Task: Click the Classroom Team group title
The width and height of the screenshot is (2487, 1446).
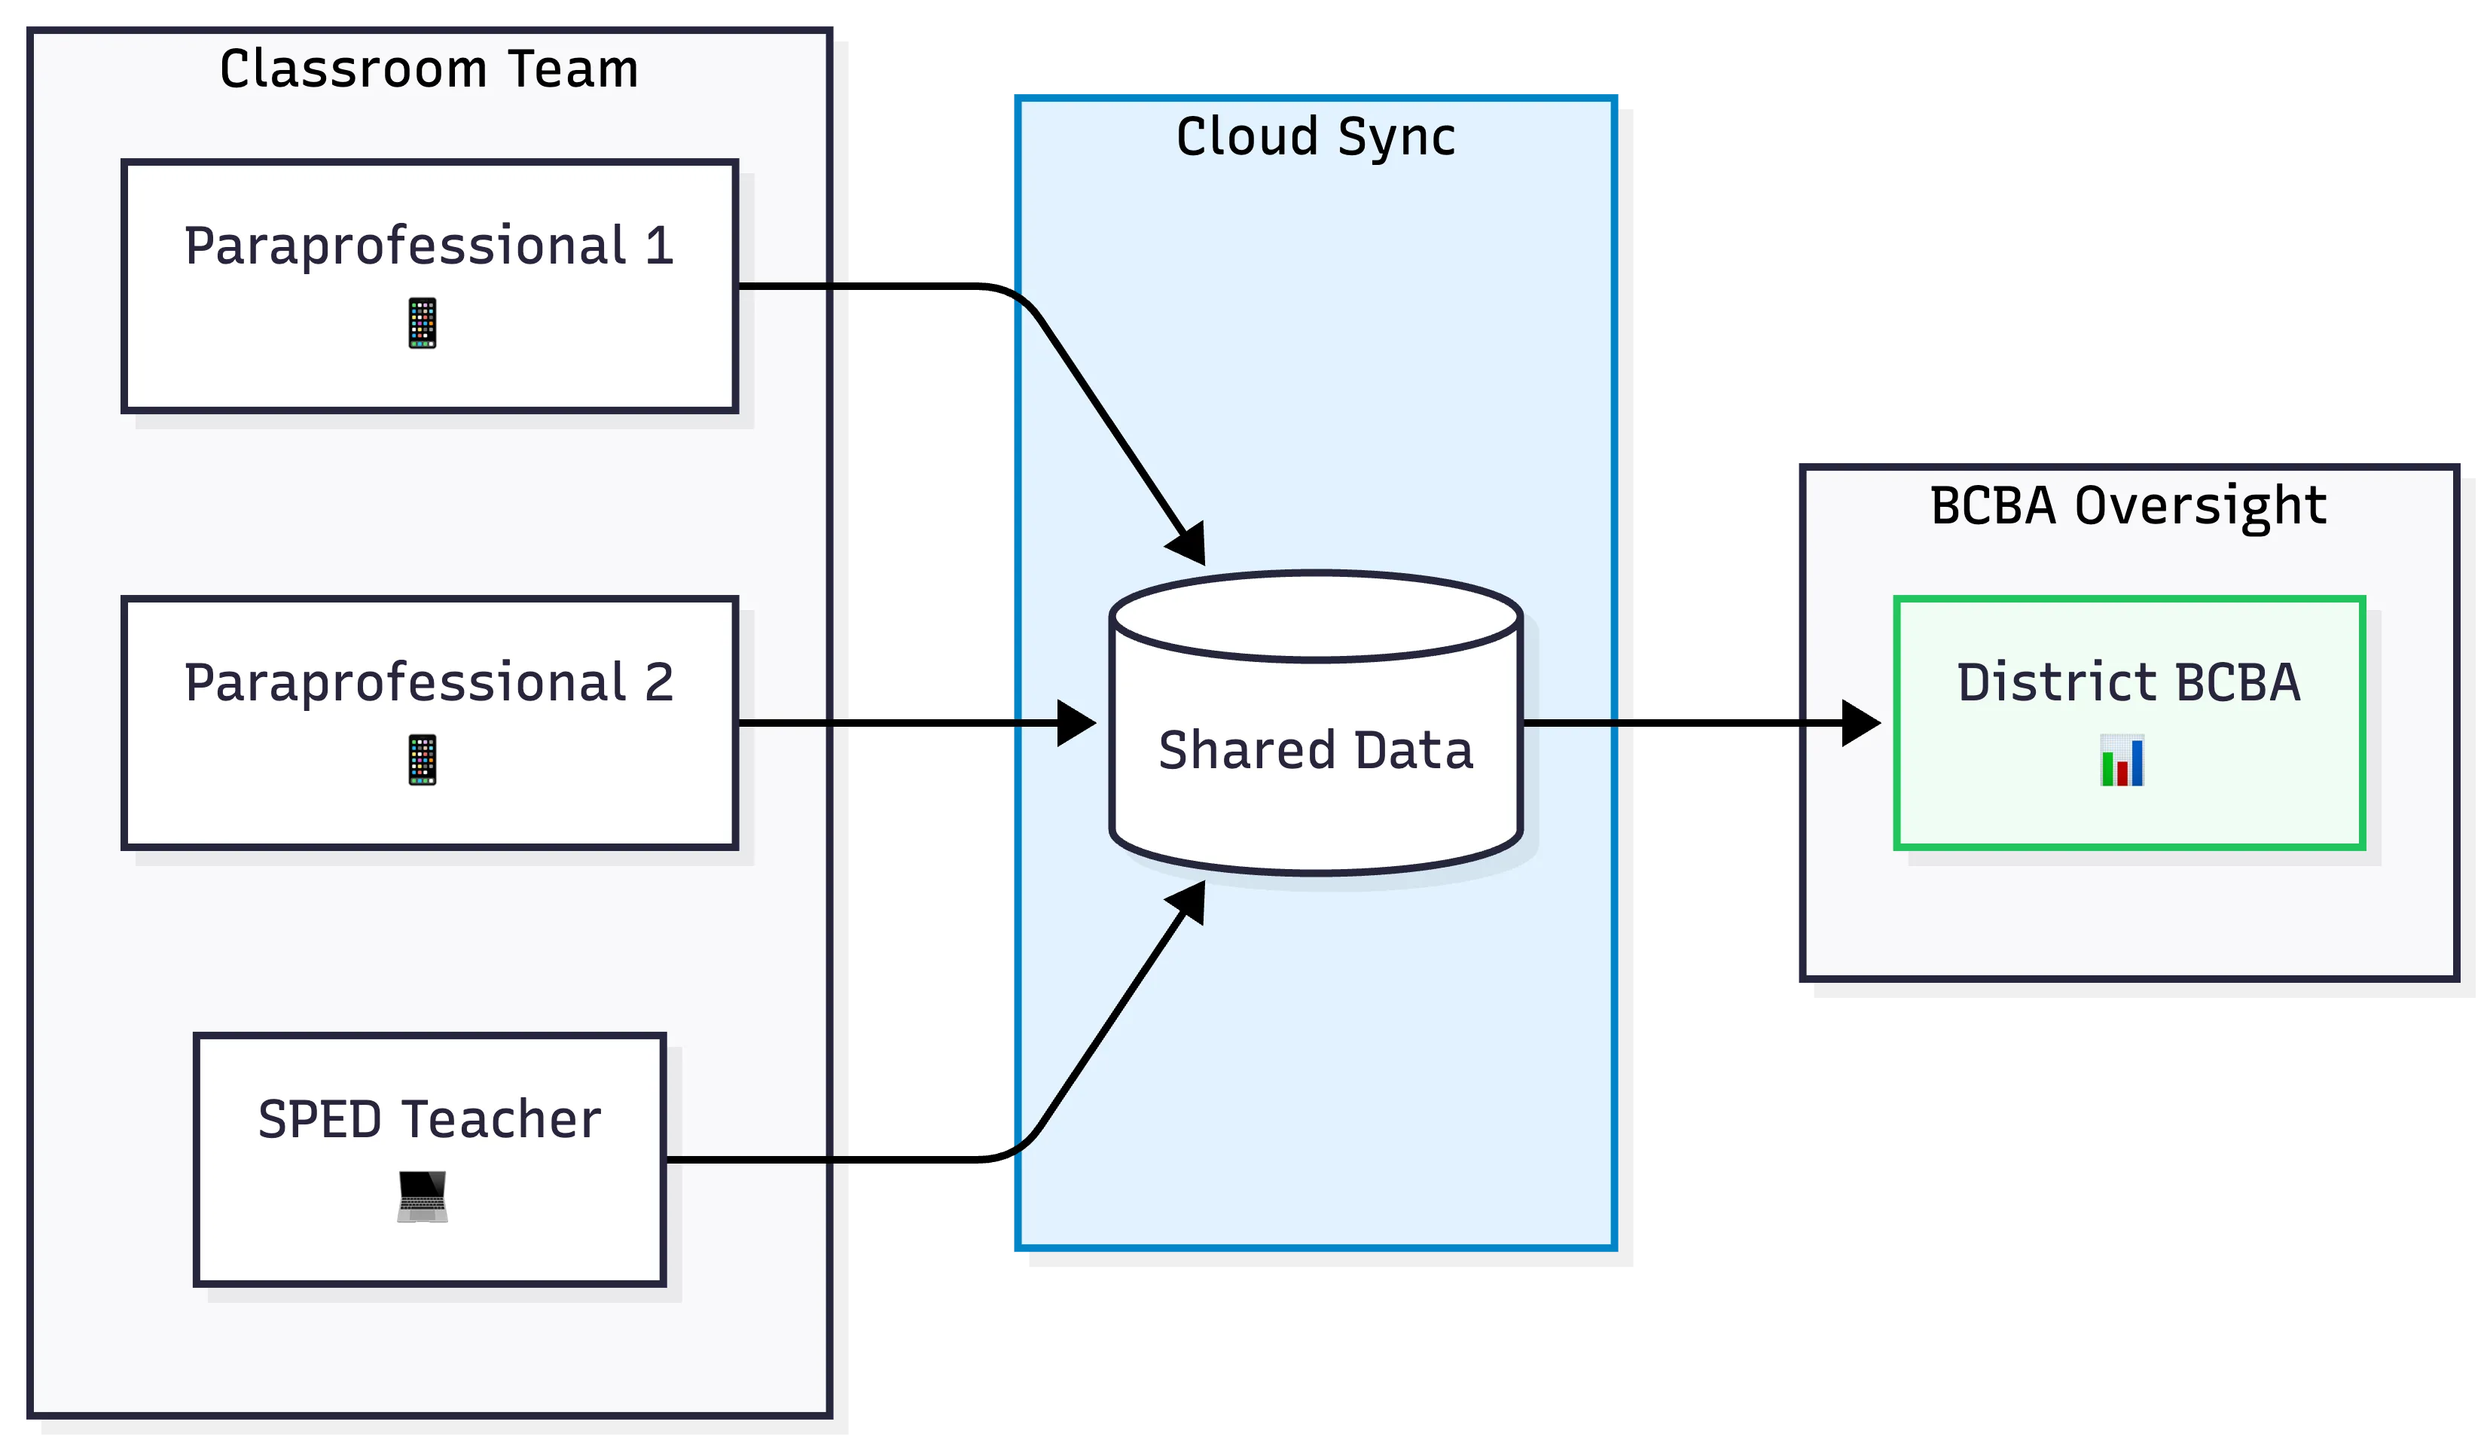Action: (429, 70)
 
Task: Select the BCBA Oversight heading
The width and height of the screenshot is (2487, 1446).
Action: (2128, 506)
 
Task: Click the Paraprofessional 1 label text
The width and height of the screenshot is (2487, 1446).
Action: (429, 246)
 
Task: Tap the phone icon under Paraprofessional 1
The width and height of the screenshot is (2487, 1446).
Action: (423, 323)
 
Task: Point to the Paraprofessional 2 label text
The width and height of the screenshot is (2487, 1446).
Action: (429, 683)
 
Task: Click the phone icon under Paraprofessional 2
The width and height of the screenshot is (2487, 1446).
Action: (423, 760)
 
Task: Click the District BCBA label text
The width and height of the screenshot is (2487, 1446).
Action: (2128, 683)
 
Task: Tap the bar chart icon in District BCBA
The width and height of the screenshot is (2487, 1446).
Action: (2122, 761)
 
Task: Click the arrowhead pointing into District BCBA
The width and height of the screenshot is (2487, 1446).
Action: (1860, 724)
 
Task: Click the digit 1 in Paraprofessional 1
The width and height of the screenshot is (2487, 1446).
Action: (659, 246)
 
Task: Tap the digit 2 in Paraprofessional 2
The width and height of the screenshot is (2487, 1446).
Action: (659, 683)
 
